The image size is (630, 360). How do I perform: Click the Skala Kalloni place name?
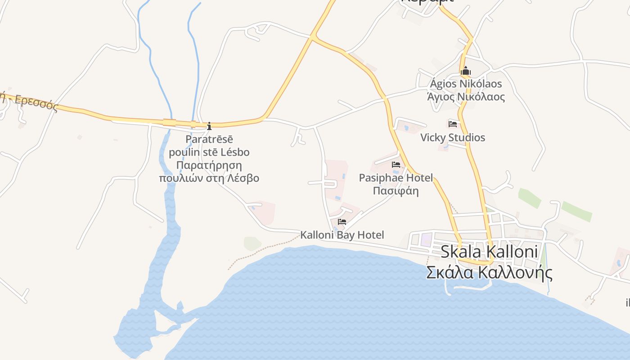(489, 252)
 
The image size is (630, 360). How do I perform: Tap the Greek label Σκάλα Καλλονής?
(489, 273)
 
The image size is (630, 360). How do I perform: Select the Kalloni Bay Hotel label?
(342, 235)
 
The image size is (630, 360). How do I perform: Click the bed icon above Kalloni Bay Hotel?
(342, 222)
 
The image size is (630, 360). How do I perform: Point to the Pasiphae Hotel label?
(396, 178)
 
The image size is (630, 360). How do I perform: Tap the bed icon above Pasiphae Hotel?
(396, 165)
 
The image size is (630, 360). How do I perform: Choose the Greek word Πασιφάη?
(396, 191)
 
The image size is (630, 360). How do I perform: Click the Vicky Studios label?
(453, 138)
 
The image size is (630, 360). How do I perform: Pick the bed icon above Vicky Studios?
(453, 124)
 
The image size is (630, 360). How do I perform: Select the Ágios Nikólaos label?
(466, 84)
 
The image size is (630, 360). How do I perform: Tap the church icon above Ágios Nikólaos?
(466, 71)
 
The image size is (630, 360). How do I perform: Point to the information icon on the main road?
(209, 126)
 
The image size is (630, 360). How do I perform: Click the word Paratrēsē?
(209, 139)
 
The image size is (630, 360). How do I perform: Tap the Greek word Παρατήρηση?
(209, 165)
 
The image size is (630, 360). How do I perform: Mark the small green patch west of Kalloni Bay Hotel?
(252, 243)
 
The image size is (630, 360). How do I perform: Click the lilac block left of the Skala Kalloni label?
(426, 239)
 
